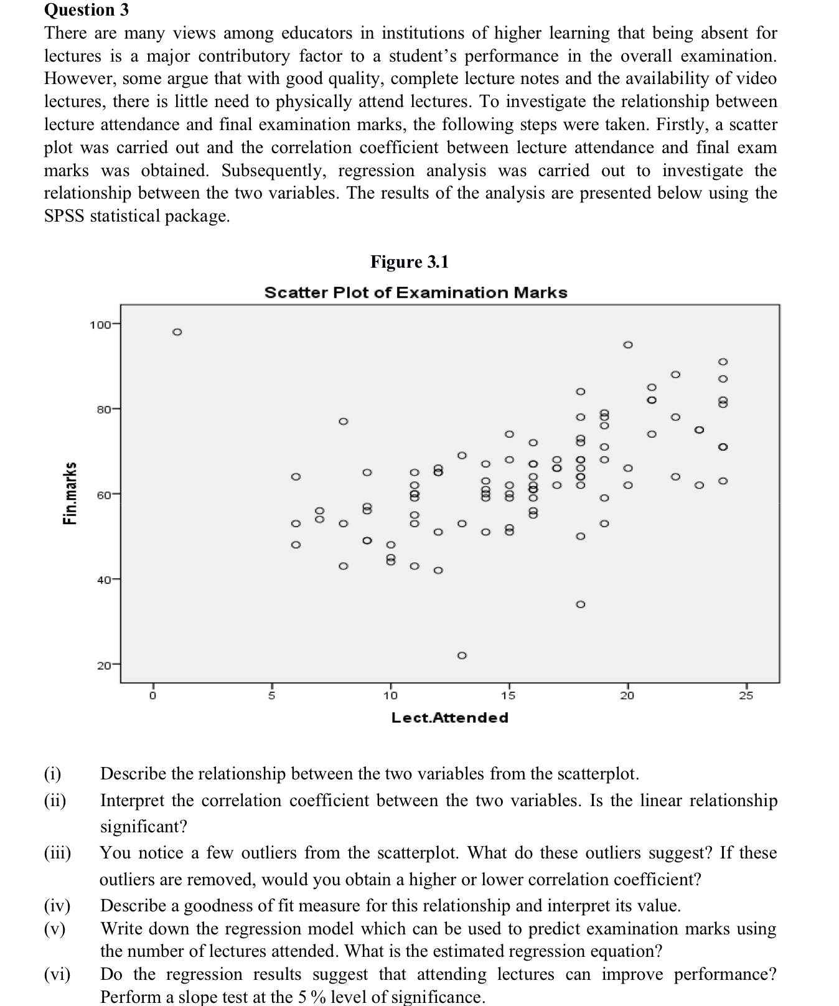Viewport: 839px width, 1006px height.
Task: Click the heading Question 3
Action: (x=87, y=10)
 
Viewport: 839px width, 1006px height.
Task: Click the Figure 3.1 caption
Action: (x=409, y=261)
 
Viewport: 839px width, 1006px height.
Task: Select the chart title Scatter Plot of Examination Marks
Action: (x=416, y=293)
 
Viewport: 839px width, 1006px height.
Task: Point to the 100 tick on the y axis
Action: (x=100, y=324)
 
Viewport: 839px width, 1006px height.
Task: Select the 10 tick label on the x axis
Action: (x=390, y=695)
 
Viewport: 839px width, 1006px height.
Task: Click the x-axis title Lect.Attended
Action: (x=449, y=718)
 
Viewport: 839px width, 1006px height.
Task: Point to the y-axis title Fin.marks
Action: (x=71, y=493)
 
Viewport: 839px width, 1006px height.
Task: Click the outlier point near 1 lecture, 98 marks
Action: (x=177, y=332)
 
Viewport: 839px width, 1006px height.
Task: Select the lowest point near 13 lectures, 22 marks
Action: (x=462, y=656)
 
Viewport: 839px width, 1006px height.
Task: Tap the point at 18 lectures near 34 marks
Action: (x=580, y=604)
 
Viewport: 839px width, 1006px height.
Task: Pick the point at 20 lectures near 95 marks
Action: (x=628, y=344)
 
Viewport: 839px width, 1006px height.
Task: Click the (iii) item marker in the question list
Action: (x=57, y=853)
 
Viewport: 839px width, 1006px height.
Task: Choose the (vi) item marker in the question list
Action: (x=57, y=974)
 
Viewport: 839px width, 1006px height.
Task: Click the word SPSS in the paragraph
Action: (x=64, y=216)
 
